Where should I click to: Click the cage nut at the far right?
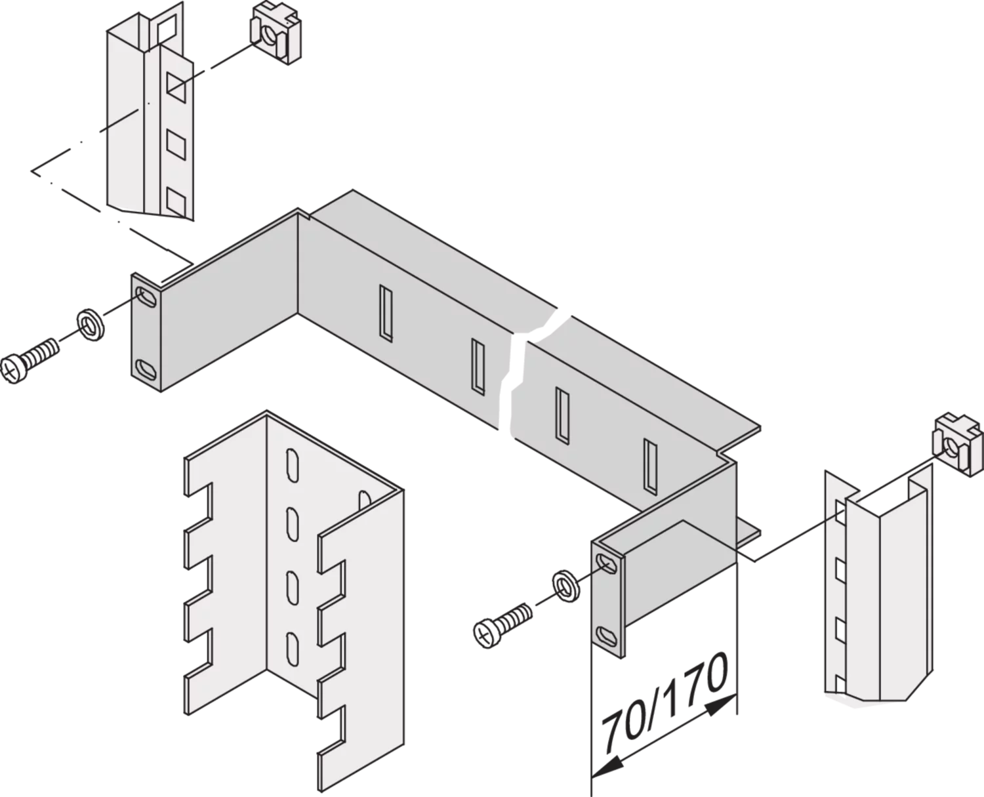tap(957, 444)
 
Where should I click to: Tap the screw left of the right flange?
tap(502, 625)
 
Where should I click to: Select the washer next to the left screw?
tap(90, 326)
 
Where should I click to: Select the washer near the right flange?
tap(566, 586)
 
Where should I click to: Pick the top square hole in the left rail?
tap(176, 87)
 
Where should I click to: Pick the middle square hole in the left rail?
tap(176, 144)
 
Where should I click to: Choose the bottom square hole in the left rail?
tap(176, 201)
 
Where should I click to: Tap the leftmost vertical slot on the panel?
tap(386, 314)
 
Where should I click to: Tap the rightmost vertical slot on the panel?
tap(650, 466)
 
